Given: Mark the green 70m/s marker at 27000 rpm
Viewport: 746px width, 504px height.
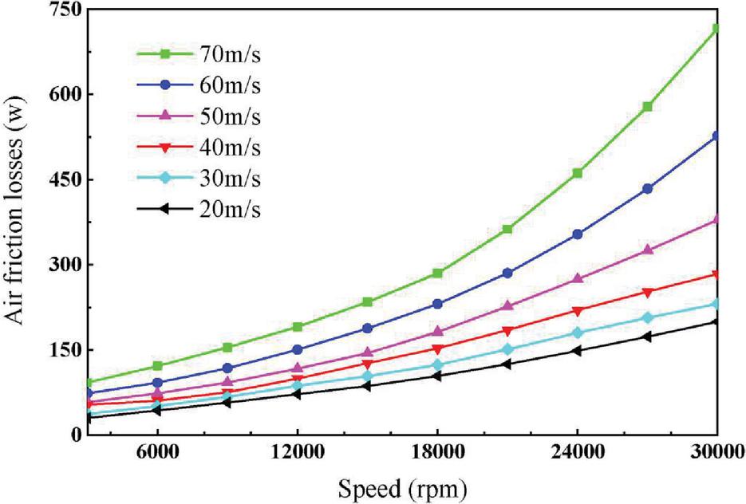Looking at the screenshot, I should tap(647, 106).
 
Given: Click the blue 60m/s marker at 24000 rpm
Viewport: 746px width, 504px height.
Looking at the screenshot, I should tap(578, 234).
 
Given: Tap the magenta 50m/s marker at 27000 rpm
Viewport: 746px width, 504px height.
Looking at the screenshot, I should tap(647, 250).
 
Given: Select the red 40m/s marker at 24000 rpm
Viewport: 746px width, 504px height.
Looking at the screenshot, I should tap(578, 311).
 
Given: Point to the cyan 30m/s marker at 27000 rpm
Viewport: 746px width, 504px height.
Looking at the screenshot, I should tap(647, 317).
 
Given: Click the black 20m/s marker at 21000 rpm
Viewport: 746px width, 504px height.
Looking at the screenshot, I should tap(507, 364).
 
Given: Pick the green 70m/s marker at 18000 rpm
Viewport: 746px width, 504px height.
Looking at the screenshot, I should tap(437, 273).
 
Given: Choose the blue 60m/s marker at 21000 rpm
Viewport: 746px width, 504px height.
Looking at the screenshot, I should tap(507, 273).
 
